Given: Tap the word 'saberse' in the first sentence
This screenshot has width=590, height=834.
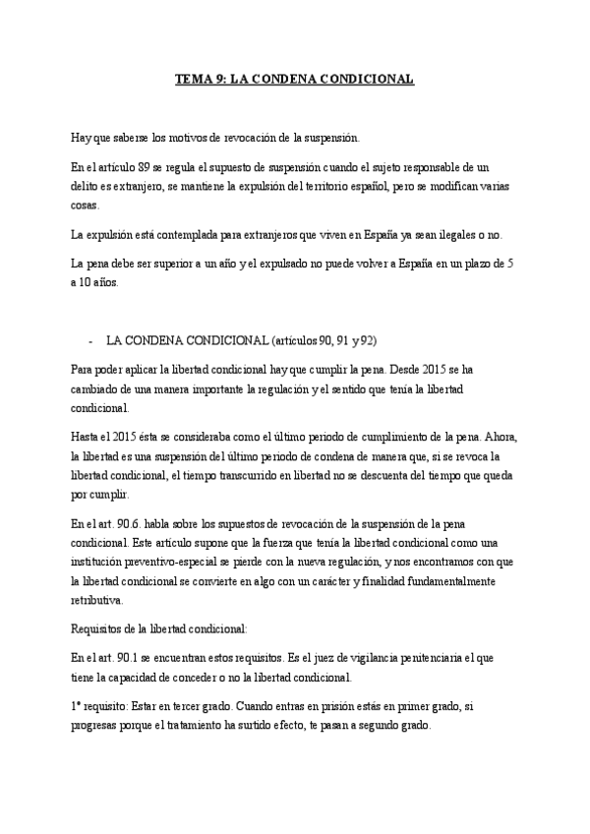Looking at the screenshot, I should pyautogui.click(x=133, y=136).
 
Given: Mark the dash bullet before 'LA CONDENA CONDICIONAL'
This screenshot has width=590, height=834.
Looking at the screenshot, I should pyautogui.click(x=90, y=339).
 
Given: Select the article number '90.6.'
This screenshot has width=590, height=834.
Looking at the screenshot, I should pyautogui.click(x=130, y=525).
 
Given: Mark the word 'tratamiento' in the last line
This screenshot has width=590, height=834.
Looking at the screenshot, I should pyautogui.click(x=229, y=727).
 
